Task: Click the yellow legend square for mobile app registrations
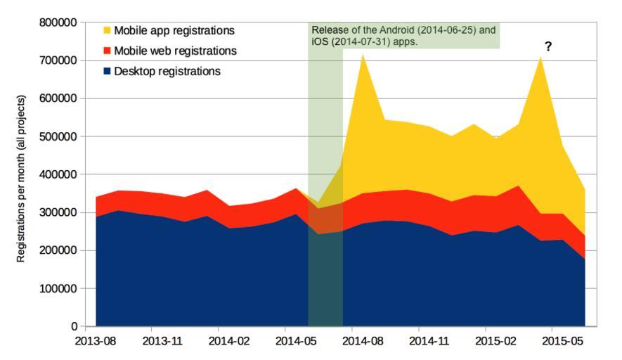click(108, 31)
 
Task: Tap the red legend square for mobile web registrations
click(108, 51)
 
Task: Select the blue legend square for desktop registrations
click(108, 72)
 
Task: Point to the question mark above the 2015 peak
click(548, 46)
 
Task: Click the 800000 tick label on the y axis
click(57, 22)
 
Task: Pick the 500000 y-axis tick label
click(57, 136)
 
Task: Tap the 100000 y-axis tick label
click(57, 288)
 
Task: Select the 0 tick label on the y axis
click(73, 326)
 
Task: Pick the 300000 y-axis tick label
click(57, 212)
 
